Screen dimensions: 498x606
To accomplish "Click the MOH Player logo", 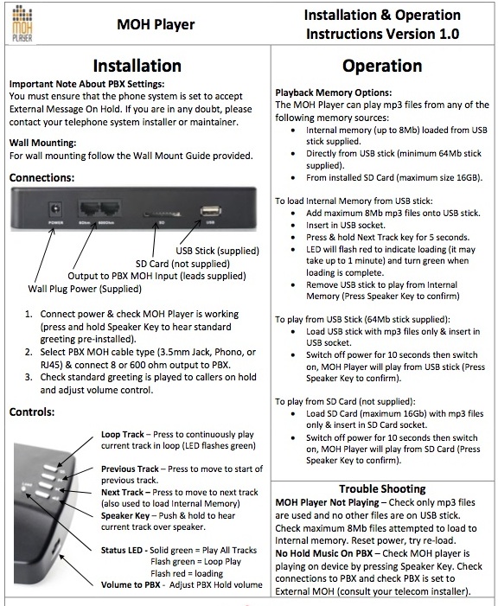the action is click(x=22, y=24).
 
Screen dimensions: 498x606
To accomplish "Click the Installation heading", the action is click(x=137, y=66).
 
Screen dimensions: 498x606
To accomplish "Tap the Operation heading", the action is click(x=382, y=66).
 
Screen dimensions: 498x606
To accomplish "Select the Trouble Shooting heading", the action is click(x=382, y=489).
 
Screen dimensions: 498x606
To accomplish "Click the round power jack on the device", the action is click(x=55, y=209).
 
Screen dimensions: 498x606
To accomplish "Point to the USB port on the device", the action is click(x=210, y=211).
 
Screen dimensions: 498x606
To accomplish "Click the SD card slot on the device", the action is click(x=162, y=214).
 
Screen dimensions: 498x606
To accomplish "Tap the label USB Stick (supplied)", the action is click(x=217, y=251).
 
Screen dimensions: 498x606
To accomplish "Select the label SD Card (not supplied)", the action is click(x=182, y=264).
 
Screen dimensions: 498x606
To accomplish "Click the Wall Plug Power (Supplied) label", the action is click(x=85, y=289).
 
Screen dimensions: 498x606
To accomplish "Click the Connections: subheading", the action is click(x=41, y=178).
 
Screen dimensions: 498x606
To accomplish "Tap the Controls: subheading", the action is click(x=32, y=412).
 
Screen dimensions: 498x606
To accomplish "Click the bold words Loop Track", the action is click(x=123, y=435).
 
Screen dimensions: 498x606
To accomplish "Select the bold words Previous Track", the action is click(x=130, y=469).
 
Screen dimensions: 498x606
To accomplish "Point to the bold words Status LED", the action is click(x=122, y=550).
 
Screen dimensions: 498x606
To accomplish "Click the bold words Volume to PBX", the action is click(x=131, y=584).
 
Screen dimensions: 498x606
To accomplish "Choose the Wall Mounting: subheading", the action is click(x=43, y=143).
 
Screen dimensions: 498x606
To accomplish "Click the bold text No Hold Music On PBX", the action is click(x=324, y=553).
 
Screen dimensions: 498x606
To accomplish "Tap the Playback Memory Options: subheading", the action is click(x=334, y=92).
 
